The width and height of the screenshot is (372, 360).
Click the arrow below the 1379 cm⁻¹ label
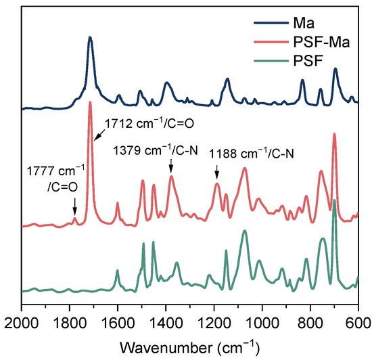click(171, 166)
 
